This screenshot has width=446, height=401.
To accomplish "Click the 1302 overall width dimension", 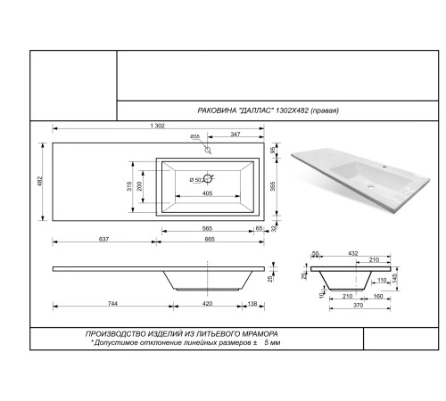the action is click(157, 126).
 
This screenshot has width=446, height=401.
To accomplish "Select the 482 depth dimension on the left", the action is click(40, 182).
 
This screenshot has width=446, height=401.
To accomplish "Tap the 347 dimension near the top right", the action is click(235, 135).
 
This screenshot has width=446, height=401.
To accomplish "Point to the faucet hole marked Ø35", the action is click(208, 150).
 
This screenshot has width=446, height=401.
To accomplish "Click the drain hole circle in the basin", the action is click(208, 178).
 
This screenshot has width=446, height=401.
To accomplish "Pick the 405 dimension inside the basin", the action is click(207, 193).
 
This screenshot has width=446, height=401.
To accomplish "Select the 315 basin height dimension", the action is click(129, 186).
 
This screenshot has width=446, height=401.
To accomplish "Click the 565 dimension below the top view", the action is click(207, 228).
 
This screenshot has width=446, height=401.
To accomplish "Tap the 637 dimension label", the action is click(103, 239).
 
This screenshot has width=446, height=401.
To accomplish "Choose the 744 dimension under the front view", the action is click(112, 304).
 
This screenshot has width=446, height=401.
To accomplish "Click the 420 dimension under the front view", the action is click(207, 304).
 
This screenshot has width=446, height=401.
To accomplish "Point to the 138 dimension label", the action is click(252, 304).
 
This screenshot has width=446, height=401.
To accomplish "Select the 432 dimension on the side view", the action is click(353, 253).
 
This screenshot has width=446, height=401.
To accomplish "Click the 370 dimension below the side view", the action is click(358, 306).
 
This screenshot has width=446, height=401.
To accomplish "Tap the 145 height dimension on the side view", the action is click(395, 278).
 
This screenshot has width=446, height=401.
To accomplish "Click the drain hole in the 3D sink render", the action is click(371, 187).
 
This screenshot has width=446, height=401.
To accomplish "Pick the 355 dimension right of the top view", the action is click(273, 186).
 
